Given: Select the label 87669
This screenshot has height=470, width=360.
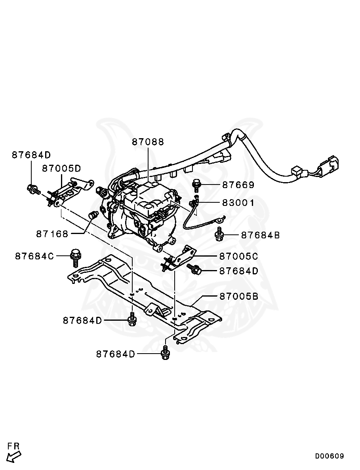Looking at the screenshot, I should [238, 185].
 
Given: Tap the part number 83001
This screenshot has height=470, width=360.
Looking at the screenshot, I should [238, 203].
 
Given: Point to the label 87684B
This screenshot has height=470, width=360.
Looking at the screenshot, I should [260, 235].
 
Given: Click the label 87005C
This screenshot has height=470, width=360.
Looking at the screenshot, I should [238, 257].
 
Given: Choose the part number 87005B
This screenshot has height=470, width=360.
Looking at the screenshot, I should [238, 296].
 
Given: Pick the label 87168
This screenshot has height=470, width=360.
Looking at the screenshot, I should [52, 234].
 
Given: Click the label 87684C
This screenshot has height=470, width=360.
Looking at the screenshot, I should [34, 256].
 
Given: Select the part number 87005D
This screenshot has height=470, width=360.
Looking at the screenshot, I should [61, 168].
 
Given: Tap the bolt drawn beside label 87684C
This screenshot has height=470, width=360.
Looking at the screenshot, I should [75, 258].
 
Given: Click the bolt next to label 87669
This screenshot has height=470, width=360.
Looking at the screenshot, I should [196, 185].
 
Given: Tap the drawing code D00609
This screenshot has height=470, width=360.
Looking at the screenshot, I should [330, 456].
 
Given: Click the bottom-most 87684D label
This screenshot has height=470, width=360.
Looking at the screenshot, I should [115, 354].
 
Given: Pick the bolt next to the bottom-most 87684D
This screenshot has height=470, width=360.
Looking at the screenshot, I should [165, 353].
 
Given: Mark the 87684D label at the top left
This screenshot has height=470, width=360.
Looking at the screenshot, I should [31, 155].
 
